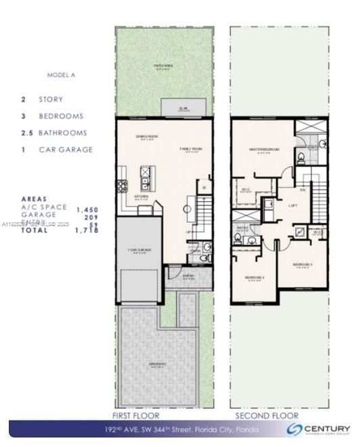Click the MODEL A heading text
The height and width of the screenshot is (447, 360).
click(62, 74)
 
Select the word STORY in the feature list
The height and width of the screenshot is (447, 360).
click(51, 99)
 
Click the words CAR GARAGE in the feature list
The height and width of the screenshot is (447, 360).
click(66, 150)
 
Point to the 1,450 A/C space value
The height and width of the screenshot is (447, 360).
click(88, 210)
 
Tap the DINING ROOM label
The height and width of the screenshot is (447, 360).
click(147, 137)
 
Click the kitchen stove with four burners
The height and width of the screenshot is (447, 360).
click(123, 186)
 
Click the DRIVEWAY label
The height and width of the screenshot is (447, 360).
click(157, 364)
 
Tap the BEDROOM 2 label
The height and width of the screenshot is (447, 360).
click(254, 278)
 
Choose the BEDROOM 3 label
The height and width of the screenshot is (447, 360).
click(302, 264)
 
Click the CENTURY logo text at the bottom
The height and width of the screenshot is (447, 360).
click(327, 428)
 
